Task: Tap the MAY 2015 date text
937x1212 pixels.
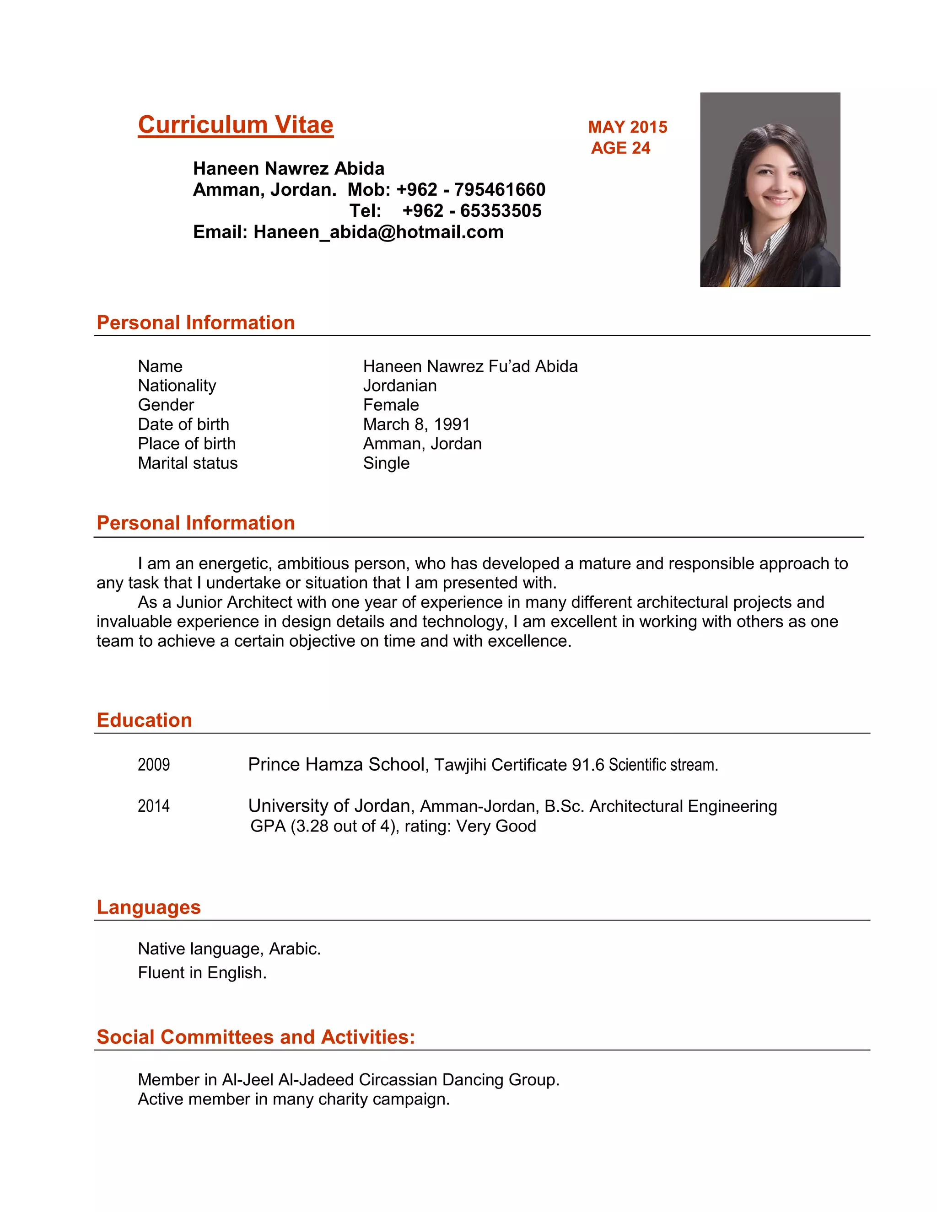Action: [x=627, y=127]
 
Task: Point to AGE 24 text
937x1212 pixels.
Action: [x=620, y=148]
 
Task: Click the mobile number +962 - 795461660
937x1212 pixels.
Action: [x=471, y=190]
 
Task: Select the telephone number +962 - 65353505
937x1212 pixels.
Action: [x=471, y=211]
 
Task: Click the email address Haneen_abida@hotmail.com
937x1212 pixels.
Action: [x=378, y=232]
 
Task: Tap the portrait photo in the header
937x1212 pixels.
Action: [x=770, y=189]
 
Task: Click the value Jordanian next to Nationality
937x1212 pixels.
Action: [x=400, y=386]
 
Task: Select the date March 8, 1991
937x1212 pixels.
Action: [x=416, y=424]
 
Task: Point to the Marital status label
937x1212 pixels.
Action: [x=188, y=463]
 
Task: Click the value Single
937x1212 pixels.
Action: [x=386, y=463]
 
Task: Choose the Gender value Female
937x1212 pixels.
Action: [x=391, y=405]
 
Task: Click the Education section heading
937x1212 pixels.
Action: [x=144, y=720]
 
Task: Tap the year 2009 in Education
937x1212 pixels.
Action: [x=154, y=765]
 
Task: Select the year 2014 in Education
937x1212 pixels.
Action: [x=154, y=806]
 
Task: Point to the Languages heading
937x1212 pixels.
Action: [x=148, y=907]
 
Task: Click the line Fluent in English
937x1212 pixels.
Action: [x=202, y=973]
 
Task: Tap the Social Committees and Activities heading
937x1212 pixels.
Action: [x=255, y=1037]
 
